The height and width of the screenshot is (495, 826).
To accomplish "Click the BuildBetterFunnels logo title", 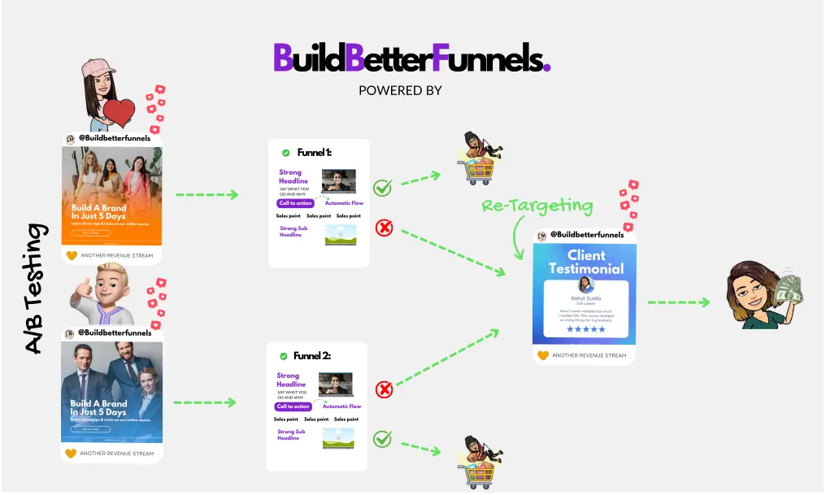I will (x=411, y=57).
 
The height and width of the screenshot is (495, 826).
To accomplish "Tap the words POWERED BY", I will (x=400, y=90).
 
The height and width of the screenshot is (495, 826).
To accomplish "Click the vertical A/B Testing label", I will (x=32, y=289).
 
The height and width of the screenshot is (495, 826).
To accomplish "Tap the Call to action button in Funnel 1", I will (x=294, y=203).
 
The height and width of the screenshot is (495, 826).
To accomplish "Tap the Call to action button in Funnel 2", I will (x=293, y=406).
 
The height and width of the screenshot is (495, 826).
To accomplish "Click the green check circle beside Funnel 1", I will (x=382, y=188).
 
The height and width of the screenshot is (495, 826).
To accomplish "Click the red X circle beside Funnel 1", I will (x=384, y=228).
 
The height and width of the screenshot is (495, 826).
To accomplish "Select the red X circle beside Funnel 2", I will (x=384, y=390).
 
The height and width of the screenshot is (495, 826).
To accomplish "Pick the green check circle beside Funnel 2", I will (x=382, y=440).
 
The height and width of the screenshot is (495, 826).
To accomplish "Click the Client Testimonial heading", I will (x=585, y=262).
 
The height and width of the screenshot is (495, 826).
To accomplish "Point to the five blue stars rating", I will (x=585, y=329).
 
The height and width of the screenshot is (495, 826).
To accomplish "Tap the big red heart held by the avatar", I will (x=119, y=113).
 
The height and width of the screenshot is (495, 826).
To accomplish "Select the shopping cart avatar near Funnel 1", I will (x=476, y=159).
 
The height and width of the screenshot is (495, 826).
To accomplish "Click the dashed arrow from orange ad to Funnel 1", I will (x=206, y=195).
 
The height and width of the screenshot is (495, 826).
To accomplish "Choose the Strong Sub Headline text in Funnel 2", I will (x=291, y=435).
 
